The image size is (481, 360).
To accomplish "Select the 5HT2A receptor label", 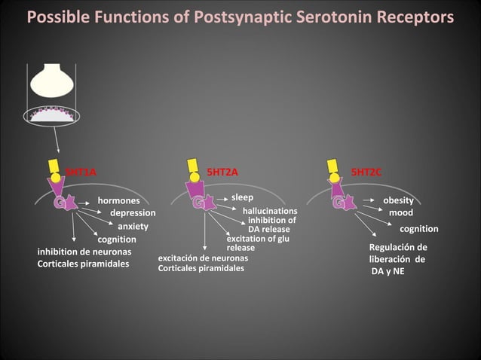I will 222,172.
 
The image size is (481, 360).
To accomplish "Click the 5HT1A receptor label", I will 81,172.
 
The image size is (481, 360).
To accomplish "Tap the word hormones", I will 118,201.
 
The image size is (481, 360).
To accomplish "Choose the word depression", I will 133,213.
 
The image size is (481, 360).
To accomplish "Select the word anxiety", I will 133,226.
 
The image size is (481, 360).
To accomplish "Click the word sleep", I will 242,197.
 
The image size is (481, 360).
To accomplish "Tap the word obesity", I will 398,201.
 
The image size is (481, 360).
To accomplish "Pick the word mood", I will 400,213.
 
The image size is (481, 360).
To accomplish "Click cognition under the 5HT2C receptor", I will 418,229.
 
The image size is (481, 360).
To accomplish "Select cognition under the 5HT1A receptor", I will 117,239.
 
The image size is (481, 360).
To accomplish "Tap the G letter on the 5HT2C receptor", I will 339,203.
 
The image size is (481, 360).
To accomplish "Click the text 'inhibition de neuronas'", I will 84,251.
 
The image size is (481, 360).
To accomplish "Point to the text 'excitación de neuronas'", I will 203,258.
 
